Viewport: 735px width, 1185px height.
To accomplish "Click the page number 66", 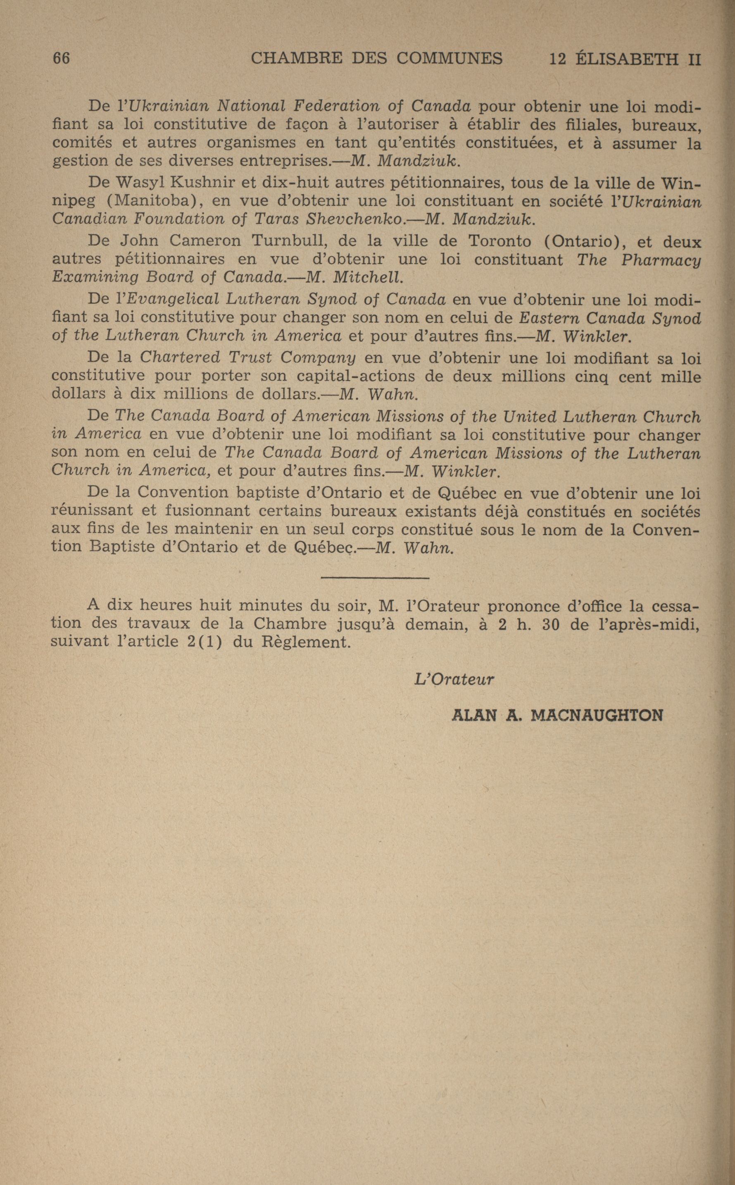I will [61, 58].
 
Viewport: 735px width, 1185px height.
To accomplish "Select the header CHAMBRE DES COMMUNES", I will [376, 58].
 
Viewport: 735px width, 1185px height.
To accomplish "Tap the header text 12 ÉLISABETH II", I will [625, 59].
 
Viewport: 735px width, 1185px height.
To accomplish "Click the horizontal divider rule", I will [375, 578].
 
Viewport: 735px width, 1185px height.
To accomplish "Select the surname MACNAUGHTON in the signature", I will [597, 715].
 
